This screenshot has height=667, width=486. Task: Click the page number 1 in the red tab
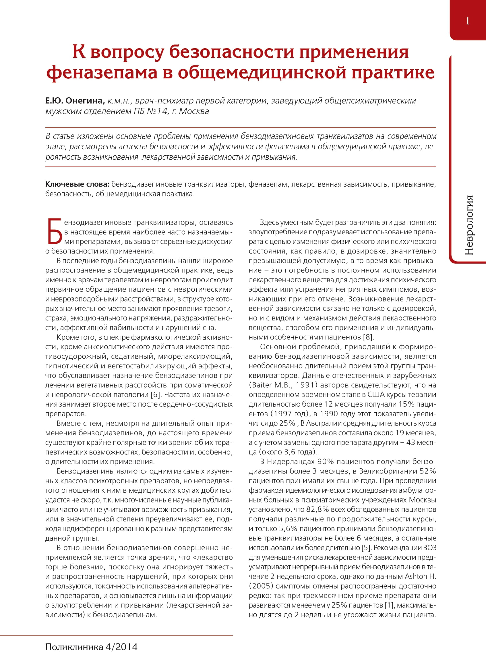467,21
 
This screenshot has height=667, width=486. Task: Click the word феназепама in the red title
102,72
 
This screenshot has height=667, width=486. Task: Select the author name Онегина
85,101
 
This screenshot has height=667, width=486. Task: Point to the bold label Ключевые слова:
77,184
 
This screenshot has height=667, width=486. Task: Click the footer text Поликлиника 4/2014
91,647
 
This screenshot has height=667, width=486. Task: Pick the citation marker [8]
368,337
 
